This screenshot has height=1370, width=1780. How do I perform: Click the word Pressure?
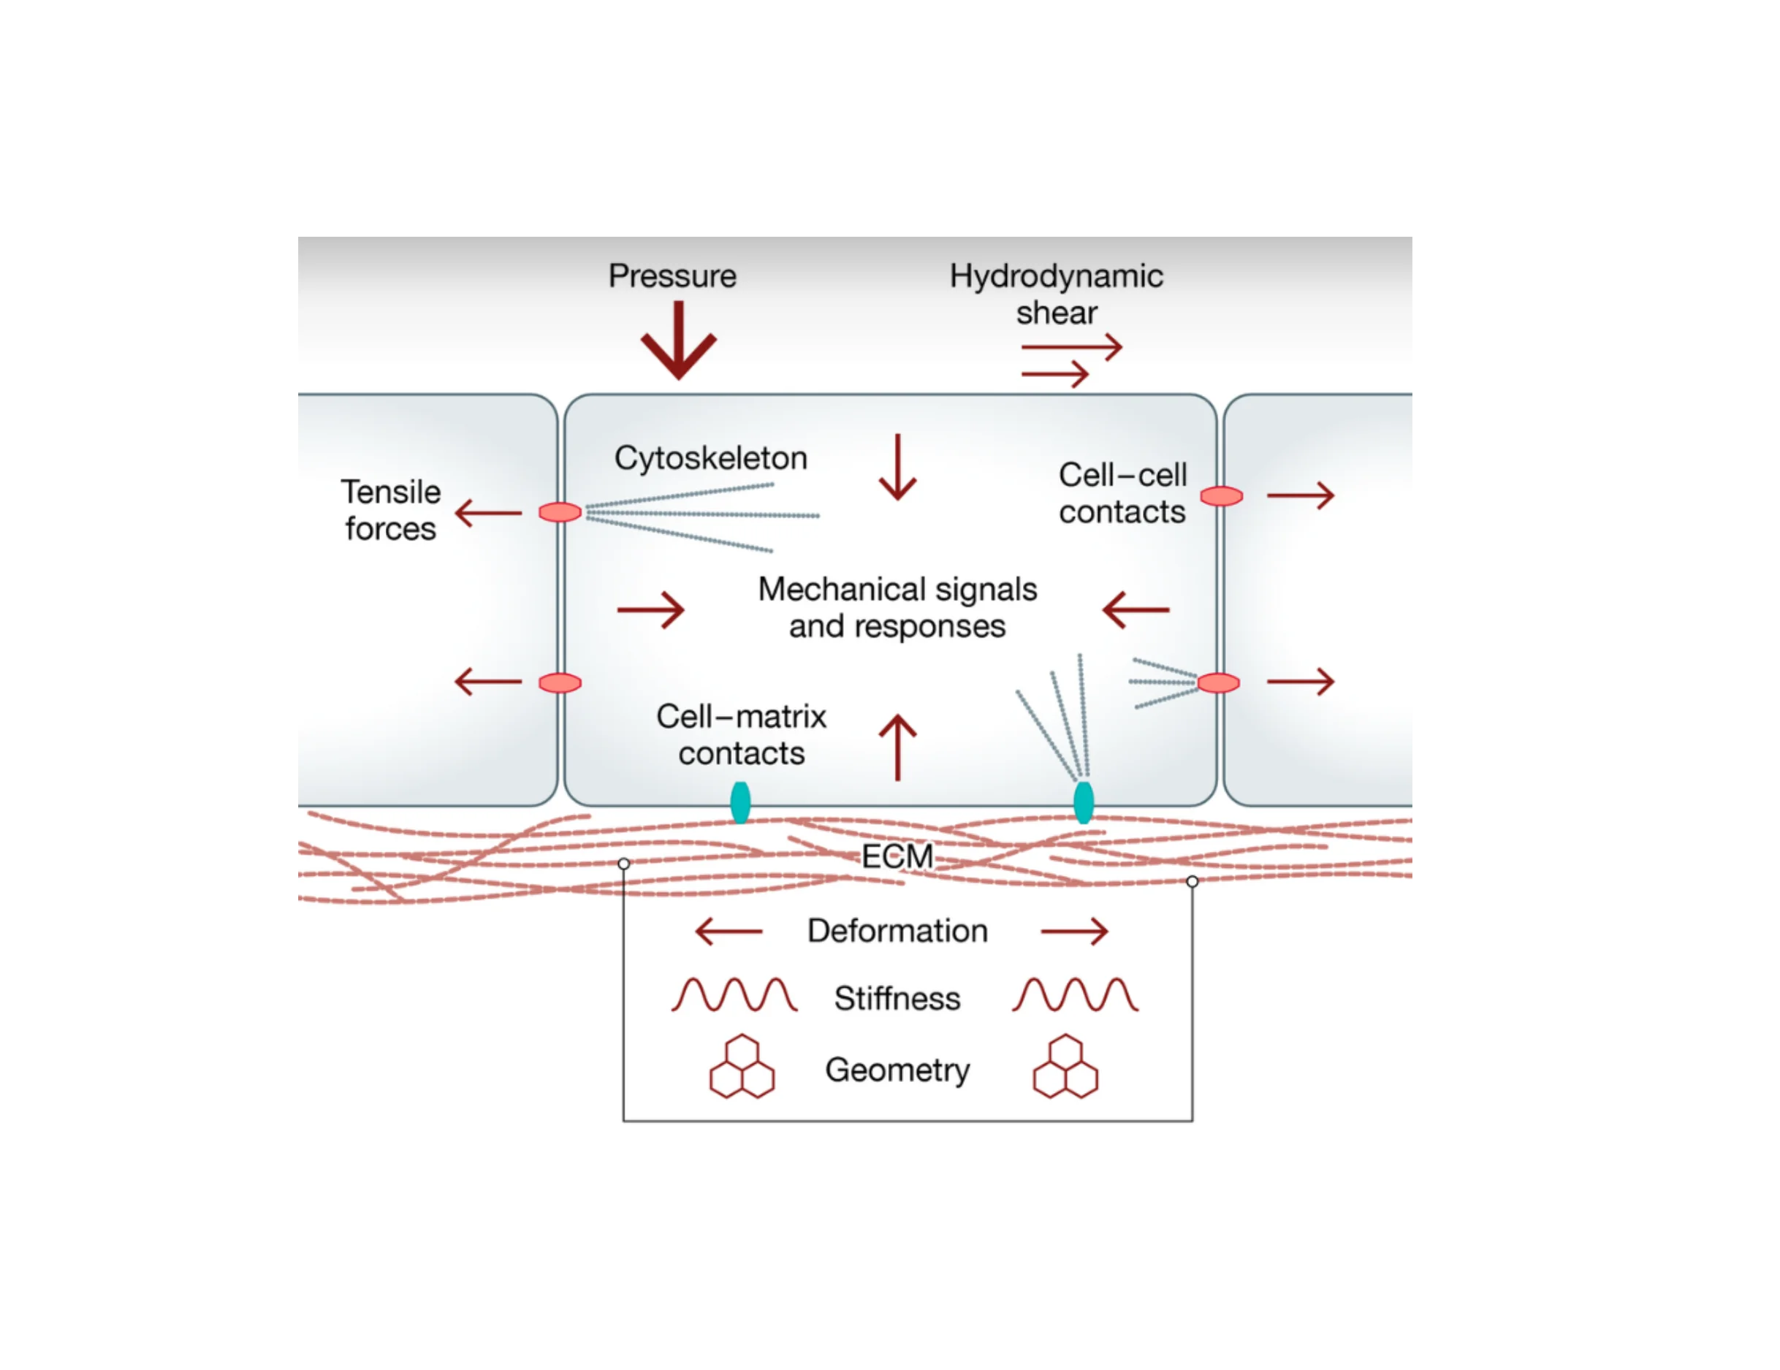(672, 276)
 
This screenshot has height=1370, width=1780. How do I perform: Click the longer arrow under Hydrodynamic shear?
(1072, 347)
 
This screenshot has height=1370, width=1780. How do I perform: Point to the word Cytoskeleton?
(711, 458)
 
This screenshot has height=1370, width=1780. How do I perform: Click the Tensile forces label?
(390, 510)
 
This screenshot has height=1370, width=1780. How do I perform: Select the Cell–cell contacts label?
(1122, 493)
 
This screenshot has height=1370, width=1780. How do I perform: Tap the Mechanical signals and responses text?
(897, 607)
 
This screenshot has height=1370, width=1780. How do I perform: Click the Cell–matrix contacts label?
(741, 734)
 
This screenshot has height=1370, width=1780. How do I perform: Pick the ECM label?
(897, 856)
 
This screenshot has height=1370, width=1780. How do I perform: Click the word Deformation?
(897, 931)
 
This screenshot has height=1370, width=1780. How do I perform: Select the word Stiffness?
(897, 998)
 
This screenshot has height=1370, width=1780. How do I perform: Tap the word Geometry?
(897, 1069)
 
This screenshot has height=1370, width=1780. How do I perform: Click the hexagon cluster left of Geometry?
(742, 1067)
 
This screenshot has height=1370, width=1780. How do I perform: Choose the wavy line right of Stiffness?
(1074, 995)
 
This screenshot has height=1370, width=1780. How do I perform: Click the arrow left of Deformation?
(729, 931)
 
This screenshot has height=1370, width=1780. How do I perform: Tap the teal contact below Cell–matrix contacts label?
(740, 803)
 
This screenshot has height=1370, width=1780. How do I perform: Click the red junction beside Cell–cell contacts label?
(1221, 496)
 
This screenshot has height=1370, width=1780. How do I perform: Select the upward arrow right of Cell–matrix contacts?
(897, 747)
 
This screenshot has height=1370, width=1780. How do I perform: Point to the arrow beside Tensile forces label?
(488, 514)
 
